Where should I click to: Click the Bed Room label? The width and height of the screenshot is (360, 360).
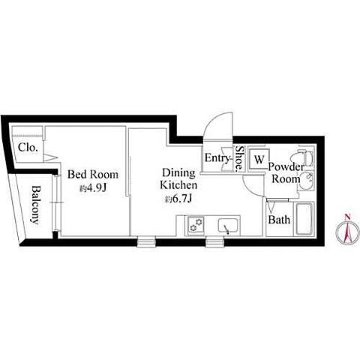93,174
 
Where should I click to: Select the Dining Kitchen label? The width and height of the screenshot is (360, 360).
178,178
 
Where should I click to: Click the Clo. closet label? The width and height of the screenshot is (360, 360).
28,148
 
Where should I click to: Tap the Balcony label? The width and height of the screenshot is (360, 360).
35,205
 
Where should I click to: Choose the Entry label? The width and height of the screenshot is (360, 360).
217,158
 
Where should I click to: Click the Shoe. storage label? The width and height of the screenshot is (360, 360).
239,158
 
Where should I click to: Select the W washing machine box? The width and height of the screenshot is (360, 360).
259,159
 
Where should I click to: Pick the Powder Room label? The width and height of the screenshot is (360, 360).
286,172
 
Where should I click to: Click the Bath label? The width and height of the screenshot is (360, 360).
279,220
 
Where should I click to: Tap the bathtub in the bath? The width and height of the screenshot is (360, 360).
304,219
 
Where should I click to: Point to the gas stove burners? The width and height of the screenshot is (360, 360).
196,225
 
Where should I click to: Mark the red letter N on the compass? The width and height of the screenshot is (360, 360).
347,217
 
